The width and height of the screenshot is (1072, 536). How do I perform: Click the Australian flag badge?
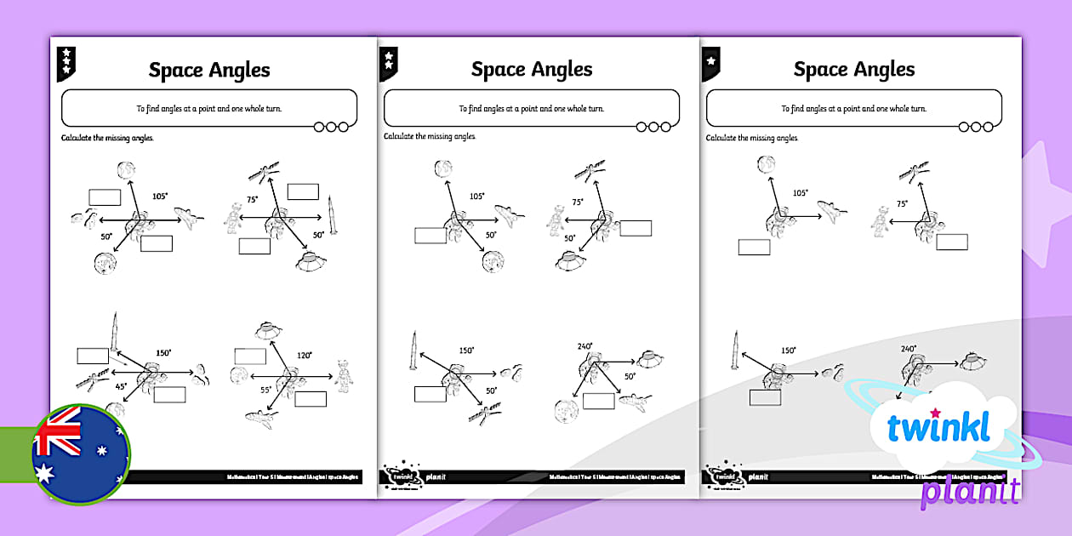click(x=81, y=453)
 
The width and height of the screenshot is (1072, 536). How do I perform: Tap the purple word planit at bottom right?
click(x=970, y=491)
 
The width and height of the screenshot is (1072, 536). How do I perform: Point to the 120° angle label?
click(x=304, y=355)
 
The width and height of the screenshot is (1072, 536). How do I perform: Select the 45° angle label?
click(x=122, y=385)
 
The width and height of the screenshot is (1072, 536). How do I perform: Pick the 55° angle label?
click(x=265, y=390)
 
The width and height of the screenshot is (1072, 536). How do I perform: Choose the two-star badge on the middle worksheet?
click(x=389, y=62)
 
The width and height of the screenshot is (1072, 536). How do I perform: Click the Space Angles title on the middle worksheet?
click(x=532, y=70)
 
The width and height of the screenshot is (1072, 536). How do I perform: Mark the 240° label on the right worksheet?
click(x=909, y=349)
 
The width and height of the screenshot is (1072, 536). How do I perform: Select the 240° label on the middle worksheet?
click(x=584, y=347)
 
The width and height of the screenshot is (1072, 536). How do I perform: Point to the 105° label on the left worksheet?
click(x=159, y=197)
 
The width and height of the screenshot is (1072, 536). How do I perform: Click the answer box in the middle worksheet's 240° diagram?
click(x=598, y=402)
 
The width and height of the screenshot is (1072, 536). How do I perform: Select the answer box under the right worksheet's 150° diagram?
click(x=765, y=397)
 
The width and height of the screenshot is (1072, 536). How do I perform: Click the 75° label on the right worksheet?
click(x=901, y=203)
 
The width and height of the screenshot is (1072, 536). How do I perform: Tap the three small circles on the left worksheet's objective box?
click(x=331, y=127)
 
